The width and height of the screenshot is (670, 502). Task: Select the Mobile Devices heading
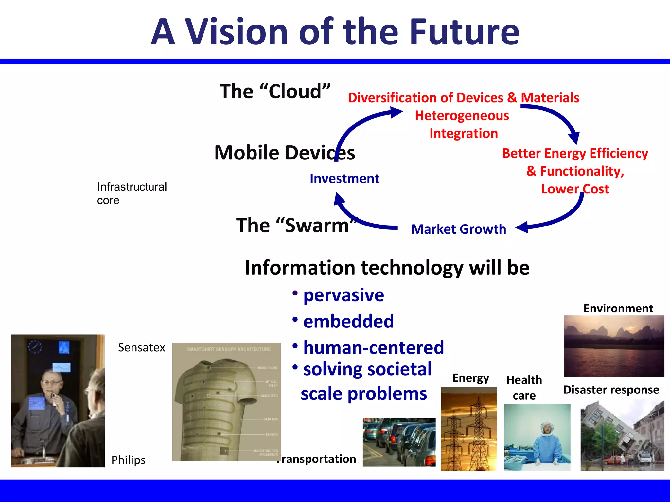(x=284, y=153)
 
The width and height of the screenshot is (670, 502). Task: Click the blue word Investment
(x=344, y=179)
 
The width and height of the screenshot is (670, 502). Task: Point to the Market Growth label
(x=458, y=229)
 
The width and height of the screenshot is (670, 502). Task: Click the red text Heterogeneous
(x=462, y=116)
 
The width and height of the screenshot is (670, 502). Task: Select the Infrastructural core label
(x=132, y=193)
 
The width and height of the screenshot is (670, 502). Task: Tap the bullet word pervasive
(x=344, y=295)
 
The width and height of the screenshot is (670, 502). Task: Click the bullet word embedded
(x=348, y=321)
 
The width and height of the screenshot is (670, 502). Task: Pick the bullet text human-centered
(x=373, y=347)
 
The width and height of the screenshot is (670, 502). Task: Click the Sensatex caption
(x=141, y=347)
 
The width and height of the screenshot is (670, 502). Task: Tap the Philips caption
(x=128, y=460)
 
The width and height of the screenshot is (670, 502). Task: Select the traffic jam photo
(x=399, y=442)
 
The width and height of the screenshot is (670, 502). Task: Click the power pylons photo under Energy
(x=468, y=429)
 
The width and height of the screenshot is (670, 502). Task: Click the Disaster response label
(x=611, y=390)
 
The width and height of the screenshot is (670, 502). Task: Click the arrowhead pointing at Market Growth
(x=522, y=227)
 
